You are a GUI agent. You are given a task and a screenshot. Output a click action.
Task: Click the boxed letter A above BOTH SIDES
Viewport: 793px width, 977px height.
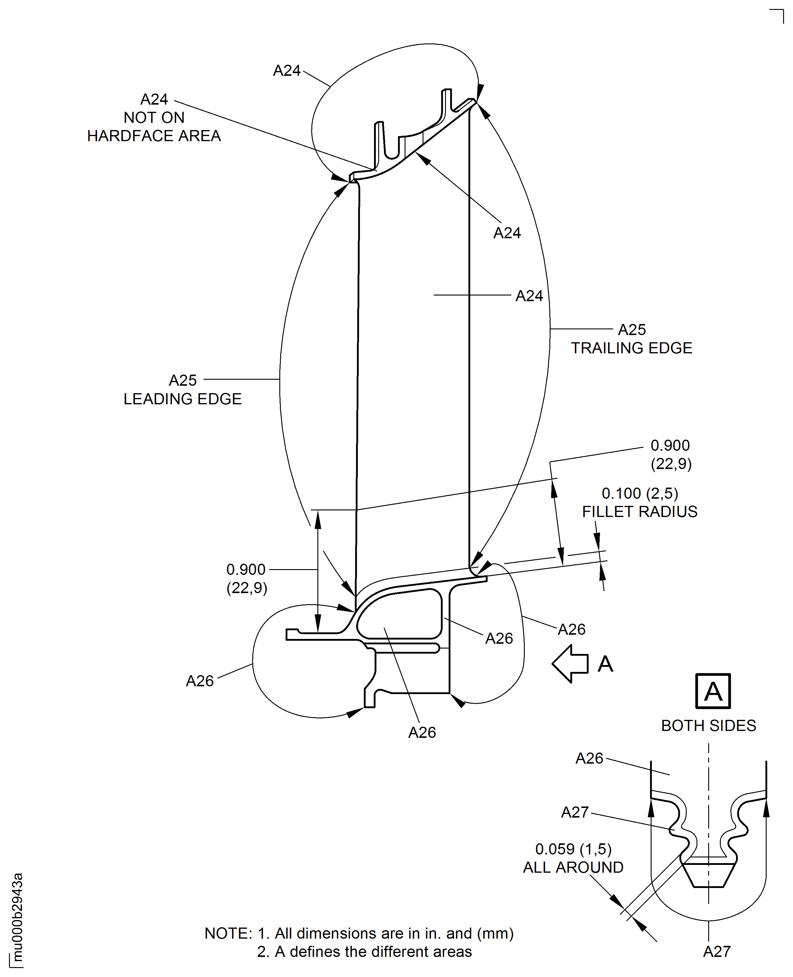tap(713, 691)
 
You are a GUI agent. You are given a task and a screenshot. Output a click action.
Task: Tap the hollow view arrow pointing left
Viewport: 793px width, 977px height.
tap(570, 664)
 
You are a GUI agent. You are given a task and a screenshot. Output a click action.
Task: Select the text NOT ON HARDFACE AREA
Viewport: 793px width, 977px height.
tap(154, 127)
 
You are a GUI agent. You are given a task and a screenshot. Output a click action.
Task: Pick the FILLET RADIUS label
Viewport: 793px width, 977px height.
tap(640, 512)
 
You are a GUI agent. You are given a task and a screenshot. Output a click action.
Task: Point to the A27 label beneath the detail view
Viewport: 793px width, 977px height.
tap(717, 952)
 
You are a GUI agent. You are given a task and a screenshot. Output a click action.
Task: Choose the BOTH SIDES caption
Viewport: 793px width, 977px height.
tap(708, 725)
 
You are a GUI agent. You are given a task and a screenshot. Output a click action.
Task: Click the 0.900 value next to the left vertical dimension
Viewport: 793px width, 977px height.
tap(246, 570)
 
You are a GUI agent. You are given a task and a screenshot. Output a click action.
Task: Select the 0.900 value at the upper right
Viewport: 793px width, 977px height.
tap(670, 445)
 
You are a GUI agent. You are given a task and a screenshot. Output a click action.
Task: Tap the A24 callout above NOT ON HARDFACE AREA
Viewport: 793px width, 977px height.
tap(154, 99)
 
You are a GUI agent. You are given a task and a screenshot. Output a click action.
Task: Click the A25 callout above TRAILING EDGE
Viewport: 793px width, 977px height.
tap(632, 329)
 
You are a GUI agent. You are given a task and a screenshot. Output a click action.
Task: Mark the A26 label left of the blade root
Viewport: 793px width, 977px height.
tap(200, 681)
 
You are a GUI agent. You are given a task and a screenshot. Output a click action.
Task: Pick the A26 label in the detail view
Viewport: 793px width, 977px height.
tap(589, 758)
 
